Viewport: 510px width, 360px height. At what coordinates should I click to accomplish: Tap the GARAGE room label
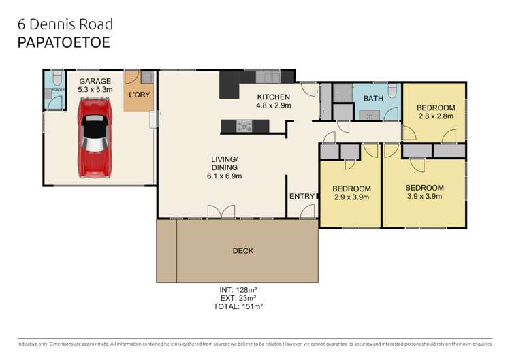94,80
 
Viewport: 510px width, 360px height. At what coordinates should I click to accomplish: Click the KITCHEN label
273,97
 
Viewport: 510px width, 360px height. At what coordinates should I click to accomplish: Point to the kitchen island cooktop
243,125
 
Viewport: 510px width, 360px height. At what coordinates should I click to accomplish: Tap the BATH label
372,99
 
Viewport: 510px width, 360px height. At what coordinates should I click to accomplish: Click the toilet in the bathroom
392,91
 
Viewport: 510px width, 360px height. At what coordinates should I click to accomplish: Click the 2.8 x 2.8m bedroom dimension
435,116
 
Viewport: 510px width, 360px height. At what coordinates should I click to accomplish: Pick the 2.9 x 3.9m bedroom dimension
351,197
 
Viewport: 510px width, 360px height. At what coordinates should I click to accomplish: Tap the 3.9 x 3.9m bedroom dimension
424,197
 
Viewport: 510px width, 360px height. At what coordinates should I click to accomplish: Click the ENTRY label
302,197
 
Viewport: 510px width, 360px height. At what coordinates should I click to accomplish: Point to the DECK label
242,251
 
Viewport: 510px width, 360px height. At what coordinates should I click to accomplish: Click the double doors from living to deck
223,212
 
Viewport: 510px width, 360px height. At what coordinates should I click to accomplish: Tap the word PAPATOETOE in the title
63,42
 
